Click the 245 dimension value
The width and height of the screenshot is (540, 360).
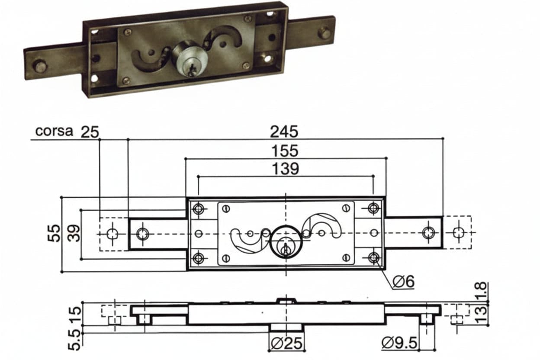coord(284,132)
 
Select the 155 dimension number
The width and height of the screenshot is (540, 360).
coord(285,151)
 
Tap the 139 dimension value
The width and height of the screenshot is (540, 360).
coord(286,169)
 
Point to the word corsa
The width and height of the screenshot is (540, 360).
coord(54,131)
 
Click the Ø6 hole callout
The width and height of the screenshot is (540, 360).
coord(404,281)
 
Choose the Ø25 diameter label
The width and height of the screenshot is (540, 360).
coord(286,343)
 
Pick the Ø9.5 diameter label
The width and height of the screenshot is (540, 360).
coord(399,343)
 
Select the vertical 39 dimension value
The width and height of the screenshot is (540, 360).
coord(74,233)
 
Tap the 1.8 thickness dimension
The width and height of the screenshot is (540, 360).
coord(482,291)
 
